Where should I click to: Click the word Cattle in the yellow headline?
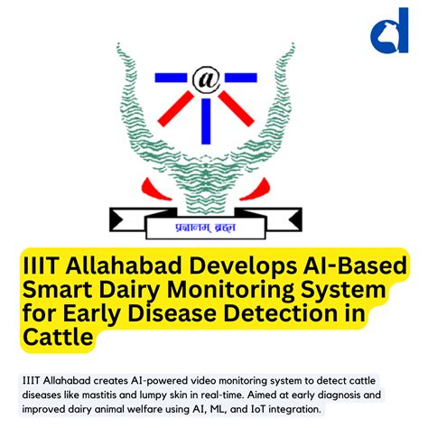coord(59,339)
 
